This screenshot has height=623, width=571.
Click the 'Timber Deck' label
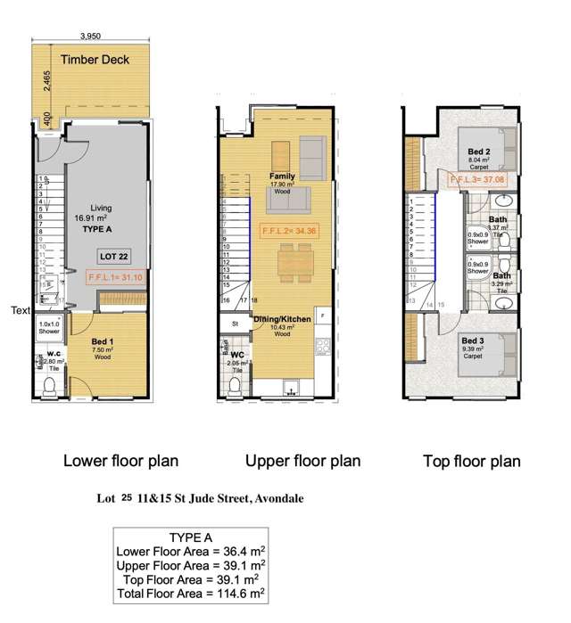click(x=95, y=61)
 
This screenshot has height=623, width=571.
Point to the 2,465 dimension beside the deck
click(x=44, y=86)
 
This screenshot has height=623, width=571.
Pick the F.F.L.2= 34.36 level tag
click(x=289, y=231)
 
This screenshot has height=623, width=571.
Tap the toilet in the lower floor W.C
click(x=52, y=385)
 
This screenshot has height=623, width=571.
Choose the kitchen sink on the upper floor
click(x=292, y=389)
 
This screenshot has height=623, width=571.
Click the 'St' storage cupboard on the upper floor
click(x=235, y=324)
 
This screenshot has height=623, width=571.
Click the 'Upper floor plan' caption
click(x=303, y=461)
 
